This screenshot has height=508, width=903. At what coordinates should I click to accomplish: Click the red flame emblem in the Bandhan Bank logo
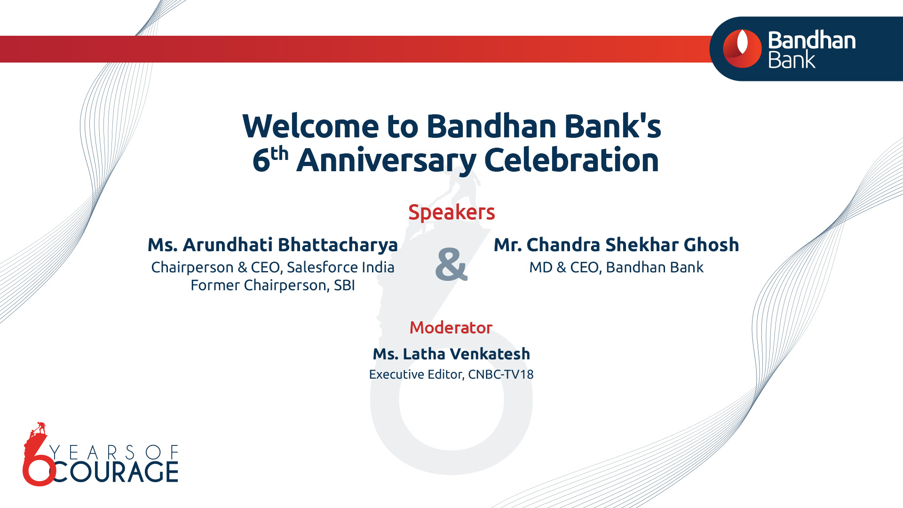click(x=742, y=48)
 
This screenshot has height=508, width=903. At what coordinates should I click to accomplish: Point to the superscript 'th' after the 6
click(x=279, y=153)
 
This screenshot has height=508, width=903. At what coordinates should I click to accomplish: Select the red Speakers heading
click(x=451, y=212)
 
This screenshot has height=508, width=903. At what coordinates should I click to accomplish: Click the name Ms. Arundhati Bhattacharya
click(x=273, y=245)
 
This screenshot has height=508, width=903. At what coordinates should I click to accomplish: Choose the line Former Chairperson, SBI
click(x=273, y=285)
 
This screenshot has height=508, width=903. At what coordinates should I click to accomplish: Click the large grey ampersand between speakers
click(x=451, y=264)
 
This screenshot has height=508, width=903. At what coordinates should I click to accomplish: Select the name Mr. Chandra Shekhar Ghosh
click(x=616, y=245)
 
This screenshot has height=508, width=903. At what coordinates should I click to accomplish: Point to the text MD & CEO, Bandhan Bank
click(x=616, y=267)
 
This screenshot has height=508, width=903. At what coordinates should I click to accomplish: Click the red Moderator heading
click(x=451, y=327)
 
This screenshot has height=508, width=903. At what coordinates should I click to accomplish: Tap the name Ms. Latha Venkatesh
click(x=451, y=354)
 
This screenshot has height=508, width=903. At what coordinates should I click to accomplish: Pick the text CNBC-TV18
click(x=501, y=374)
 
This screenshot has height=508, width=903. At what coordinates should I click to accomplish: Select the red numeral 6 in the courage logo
click(x=38, y=463)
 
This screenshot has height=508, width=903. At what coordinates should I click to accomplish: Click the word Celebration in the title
click(x=571, y=160)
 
